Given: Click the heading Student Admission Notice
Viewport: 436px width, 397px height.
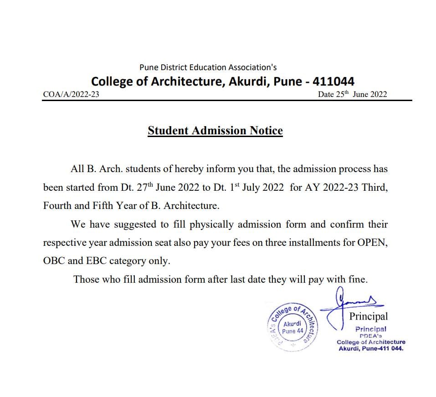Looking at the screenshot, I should tap(215, 131).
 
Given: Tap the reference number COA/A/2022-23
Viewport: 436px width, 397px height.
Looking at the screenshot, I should tap(71, 95).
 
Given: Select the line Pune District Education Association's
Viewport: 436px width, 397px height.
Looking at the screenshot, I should tap(208, 67).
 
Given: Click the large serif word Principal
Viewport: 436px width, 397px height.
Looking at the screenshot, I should tap(369, 316).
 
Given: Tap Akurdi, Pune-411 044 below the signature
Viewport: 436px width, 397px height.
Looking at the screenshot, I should tap(371, 349).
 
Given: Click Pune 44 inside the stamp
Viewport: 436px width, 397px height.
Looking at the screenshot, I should tap(292, 331).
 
